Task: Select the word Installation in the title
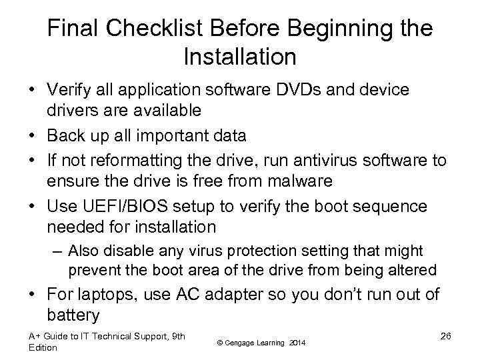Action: coord(239,57)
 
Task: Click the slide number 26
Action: coord(446,335)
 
